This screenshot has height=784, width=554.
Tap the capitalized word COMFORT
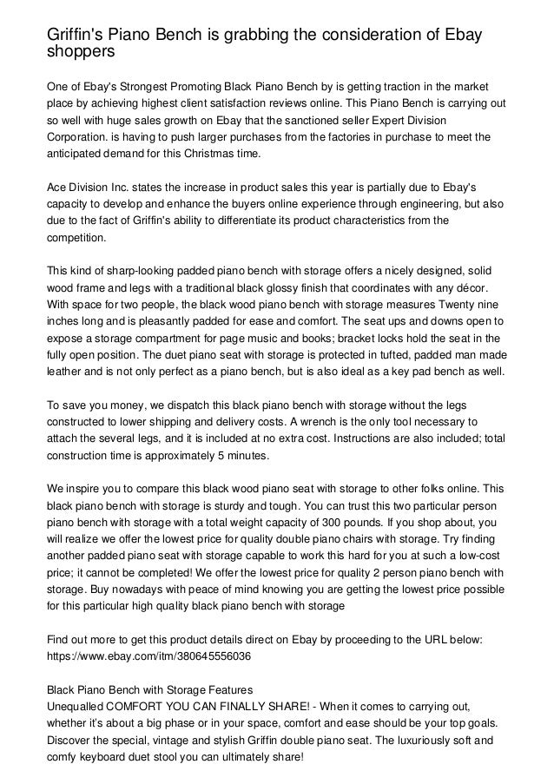point(136,698)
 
